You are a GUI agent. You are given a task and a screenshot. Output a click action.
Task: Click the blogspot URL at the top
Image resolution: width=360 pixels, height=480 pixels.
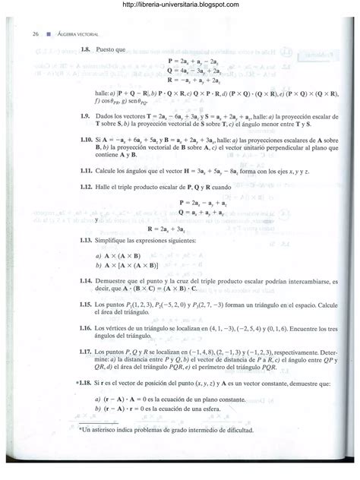click(179, 6)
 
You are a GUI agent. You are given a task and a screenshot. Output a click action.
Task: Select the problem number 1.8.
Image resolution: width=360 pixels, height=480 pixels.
click(86, 49)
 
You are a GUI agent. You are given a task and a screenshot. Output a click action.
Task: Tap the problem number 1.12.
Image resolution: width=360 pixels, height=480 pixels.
click(87, 188)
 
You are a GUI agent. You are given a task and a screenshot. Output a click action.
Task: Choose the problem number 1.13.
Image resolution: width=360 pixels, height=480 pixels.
click(87, 241)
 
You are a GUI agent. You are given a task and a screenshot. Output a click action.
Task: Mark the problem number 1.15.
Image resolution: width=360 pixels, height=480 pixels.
click(87, 303)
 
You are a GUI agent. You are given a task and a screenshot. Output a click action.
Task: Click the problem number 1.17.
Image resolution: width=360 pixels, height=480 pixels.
click(87, 352)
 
